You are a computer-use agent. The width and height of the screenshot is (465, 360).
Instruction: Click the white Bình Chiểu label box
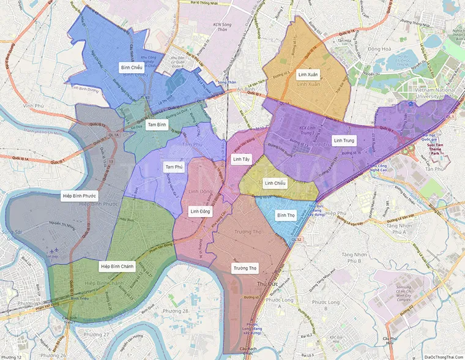point(132,67)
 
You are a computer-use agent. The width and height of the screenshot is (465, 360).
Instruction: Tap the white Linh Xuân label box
point(308,74)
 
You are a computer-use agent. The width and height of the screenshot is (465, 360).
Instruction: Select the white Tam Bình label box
point(157,124)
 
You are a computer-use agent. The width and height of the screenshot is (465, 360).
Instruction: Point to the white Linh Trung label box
point(343,140)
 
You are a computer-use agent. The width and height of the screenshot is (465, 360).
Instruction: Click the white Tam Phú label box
point(174,167)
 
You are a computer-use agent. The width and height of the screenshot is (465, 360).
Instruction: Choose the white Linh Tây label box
point(241,159)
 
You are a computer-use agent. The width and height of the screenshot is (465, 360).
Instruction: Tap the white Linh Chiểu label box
point(275,182)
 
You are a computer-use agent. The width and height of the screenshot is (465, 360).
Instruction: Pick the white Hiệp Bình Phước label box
point(80,196)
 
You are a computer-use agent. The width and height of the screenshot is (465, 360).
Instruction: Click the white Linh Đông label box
point(200,211)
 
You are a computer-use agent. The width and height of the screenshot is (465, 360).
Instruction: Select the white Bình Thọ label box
point(286,215)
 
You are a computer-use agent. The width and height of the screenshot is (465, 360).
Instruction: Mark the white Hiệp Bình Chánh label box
point(117,266)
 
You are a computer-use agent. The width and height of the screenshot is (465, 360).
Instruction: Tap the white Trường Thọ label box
point(244,268)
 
